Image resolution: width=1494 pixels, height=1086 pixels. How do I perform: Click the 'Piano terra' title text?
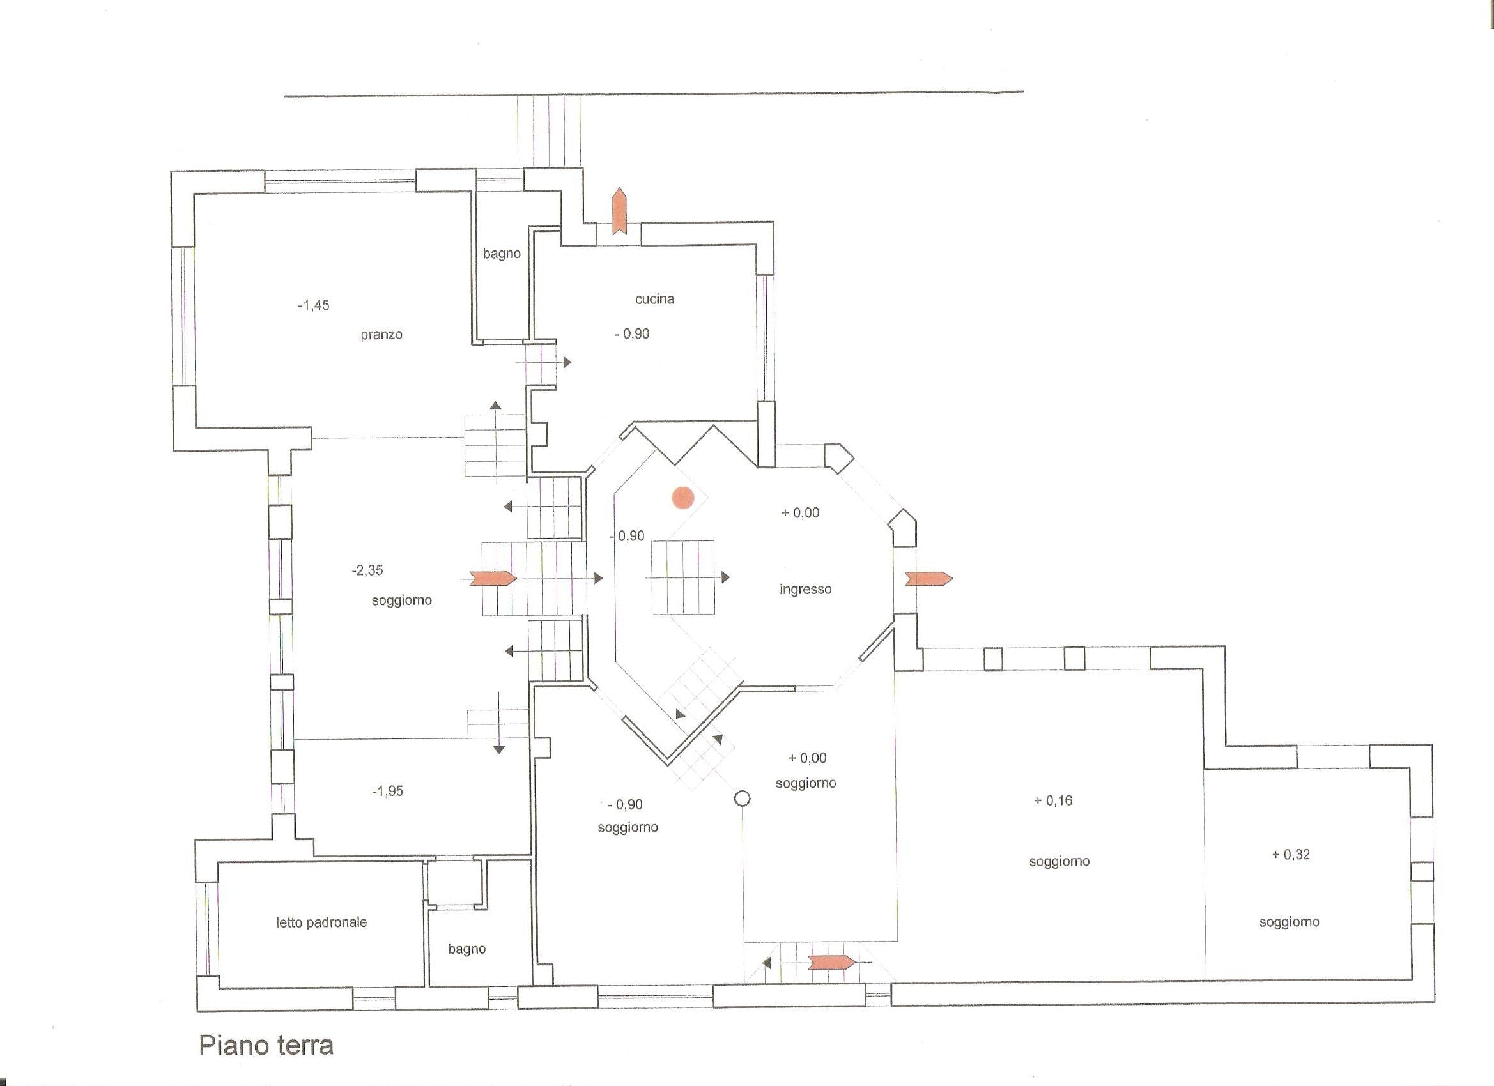pos(266,1045)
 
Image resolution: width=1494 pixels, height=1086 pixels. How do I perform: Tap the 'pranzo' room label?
pos(381,335)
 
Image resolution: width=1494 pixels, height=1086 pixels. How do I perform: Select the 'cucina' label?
pos(654,299)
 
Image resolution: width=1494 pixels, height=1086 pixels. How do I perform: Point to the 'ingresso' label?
pos(805,590)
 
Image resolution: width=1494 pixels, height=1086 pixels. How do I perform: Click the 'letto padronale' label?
pos(321,922)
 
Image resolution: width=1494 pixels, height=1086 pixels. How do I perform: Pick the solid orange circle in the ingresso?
pos(682,498)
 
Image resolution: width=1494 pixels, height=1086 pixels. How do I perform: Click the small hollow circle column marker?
pos(743,799)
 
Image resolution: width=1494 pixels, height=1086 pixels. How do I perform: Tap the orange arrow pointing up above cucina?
pos(619,211)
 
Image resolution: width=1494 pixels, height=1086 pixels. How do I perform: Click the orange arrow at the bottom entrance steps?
pos(832,962)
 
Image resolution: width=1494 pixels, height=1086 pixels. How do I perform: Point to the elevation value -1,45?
pos(314,305)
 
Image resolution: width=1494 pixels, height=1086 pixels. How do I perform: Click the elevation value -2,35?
pos(367,570)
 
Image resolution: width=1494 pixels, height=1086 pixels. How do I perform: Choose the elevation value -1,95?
pos(387,791)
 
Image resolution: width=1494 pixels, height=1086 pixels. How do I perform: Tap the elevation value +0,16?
pos(1052,800)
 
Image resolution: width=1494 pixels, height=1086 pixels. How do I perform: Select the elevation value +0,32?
pos(1290,854)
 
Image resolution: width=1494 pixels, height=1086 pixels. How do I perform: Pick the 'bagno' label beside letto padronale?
pos(466,949)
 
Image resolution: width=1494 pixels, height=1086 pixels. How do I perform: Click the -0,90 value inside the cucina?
pos(632,334)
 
